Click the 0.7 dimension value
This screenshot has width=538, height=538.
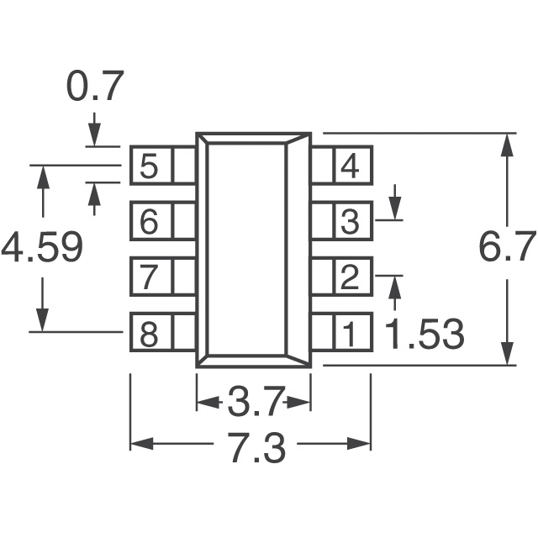[95, 87]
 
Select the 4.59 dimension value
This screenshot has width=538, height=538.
[42, 250]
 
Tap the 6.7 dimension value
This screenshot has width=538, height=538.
[507, 250]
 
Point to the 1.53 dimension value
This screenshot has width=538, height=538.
[425, 335]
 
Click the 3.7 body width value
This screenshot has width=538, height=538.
[253, 403]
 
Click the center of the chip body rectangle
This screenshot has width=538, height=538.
[253, 250]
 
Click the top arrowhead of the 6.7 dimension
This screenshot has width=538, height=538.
[507, 144]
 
